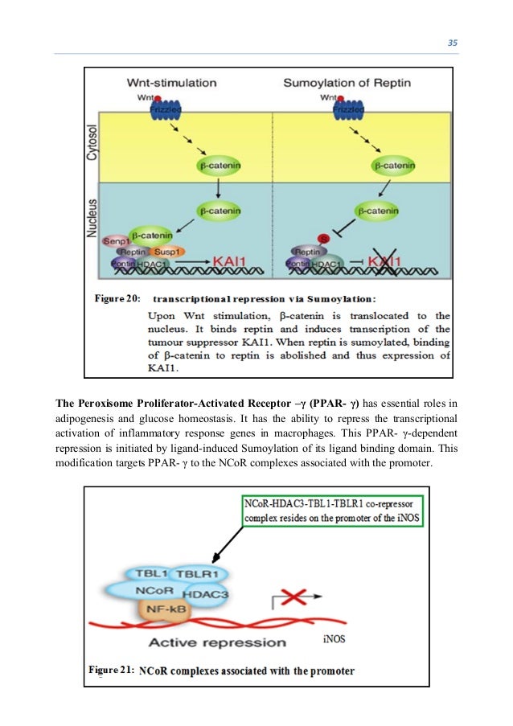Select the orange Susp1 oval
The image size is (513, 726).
pos(167,252)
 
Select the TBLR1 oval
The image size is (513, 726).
pos(197,574)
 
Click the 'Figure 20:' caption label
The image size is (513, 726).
pos(118,299)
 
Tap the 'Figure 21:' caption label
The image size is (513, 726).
pos(111,670)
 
